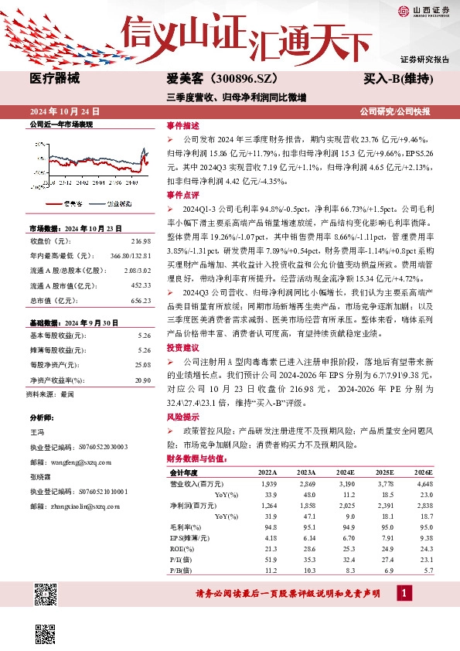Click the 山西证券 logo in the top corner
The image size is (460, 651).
tap(424, 11)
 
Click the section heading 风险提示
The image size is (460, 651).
tap(182, 417)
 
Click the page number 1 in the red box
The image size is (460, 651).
tap(404, 592)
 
